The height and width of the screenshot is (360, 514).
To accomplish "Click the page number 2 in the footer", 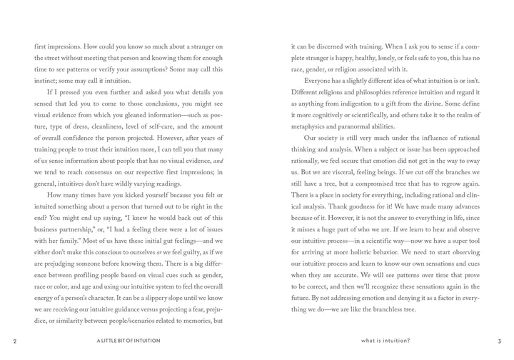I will [15, 341].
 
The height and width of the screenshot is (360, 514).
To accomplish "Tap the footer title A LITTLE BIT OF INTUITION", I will [128, 341].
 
